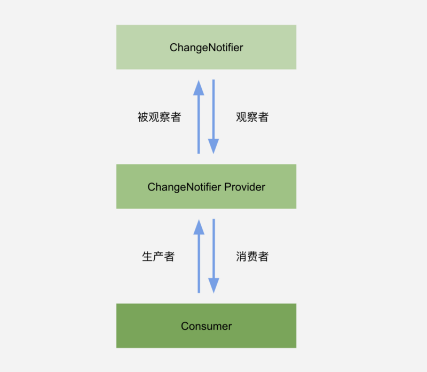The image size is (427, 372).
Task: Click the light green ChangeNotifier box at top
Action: pyautogui.click(x=206, y=47)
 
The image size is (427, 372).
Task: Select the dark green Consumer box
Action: pyautogui.click(x=206, y=326)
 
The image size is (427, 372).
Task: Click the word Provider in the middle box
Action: pyautogui.click(x=244, y=187)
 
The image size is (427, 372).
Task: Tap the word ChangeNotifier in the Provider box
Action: pyautogui.click(x=184, y=187)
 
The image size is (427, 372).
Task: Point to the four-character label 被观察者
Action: pyautogui.click(x=159, y=117)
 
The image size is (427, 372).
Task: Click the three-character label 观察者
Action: pyautogui.click(x=252, y=117)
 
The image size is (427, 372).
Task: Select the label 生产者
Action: pyautogui.click(x=158, y=257)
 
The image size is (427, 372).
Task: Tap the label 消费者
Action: pyautogui.click(x=252, y=257)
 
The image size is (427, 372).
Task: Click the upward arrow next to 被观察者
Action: pyautogui.click(x=199, y=117)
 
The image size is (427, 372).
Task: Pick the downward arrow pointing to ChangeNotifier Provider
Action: pyautogui.click(x=213, y=117)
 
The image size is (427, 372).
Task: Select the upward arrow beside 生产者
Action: pyautogui.click(x=199, y=256)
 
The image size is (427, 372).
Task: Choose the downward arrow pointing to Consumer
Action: pyautogui.click(x=214, y=256)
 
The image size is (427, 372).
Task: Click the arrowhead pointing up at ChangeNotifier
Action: pyautogui.click(x=199, y=88)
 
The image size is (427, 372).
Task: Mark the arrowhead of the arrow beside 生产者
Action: pyautogui.click(x=199, y=227)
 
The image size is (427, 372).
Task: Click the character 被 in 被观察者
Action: pyautogui.click(x=143, y=117)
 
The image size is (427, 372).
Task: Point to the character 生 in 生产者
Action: pyautogui.click(x=147, y=257)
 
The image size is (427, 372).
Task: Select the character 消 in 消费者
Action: pyautogui.click(x=241, y=257)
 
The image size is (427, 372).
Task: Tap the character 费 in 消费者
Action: pyautogui.click(x=252, y=257)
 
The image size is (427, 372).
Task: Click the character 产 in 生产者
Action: pyautogui.click(x=158, y=257)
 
